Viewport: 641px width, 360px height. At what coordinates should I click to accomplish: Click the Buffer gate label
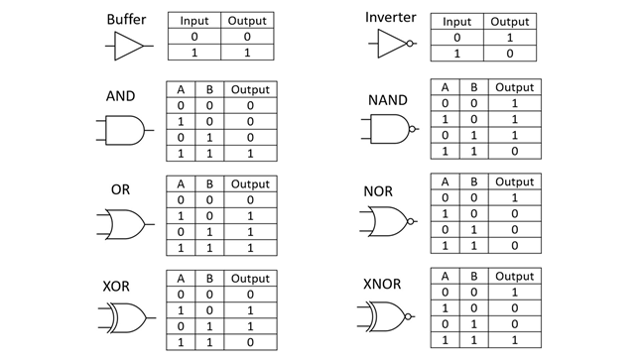pos(126,20)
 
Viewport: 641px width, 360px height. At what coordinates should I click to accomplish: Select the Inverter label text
pos(390,17)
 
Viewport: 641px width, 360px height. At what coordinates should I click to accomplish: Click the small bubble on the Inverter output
pos(410,44)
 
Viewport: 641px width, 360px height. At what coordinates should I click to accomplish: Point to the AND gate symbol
pos(125,130)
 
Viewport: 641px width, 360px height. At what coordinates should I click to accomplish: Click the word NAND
pos(388,100)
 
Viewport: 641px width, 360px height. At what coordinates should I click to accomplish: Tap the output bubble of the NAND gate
pos(412,129)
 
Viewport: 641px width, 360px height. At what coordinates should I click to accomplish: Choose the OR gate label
pos(120,189)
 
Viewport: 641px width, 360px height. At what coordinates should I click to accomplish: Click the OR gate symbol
pos(125,224)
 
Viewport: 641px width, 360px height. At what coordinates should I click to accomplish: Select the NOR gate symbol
pos(388,221)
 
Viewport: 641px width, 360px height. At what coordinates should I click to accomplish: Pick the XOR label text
pos(116,286)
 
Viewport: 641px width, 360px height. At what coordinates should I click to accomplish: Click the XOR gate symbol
pos(127,318)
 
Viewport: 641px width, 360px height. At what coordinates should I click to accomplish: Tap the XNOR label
pos(382,284)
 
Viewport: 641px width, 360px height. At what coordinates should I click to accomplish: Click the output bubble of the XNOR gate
pos(408,316)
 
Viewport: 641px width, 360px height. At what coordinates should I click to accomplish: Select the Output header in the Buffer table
pos(247,21)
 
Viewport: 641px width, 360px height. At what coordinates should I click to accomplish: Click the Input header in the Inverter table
pos(456,22)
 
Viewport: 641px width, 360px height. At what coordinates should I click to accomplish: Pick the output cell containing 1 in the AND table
pos(250,154)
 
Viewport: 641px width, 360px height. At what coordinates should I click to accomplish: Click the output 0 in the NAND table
pos(514,151)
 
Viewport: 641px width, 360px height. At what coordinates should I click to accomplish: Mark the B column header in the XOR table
pos(209,279)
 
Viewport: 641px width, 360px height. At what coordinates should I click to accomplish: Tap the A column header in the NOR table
pos(445,181)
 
